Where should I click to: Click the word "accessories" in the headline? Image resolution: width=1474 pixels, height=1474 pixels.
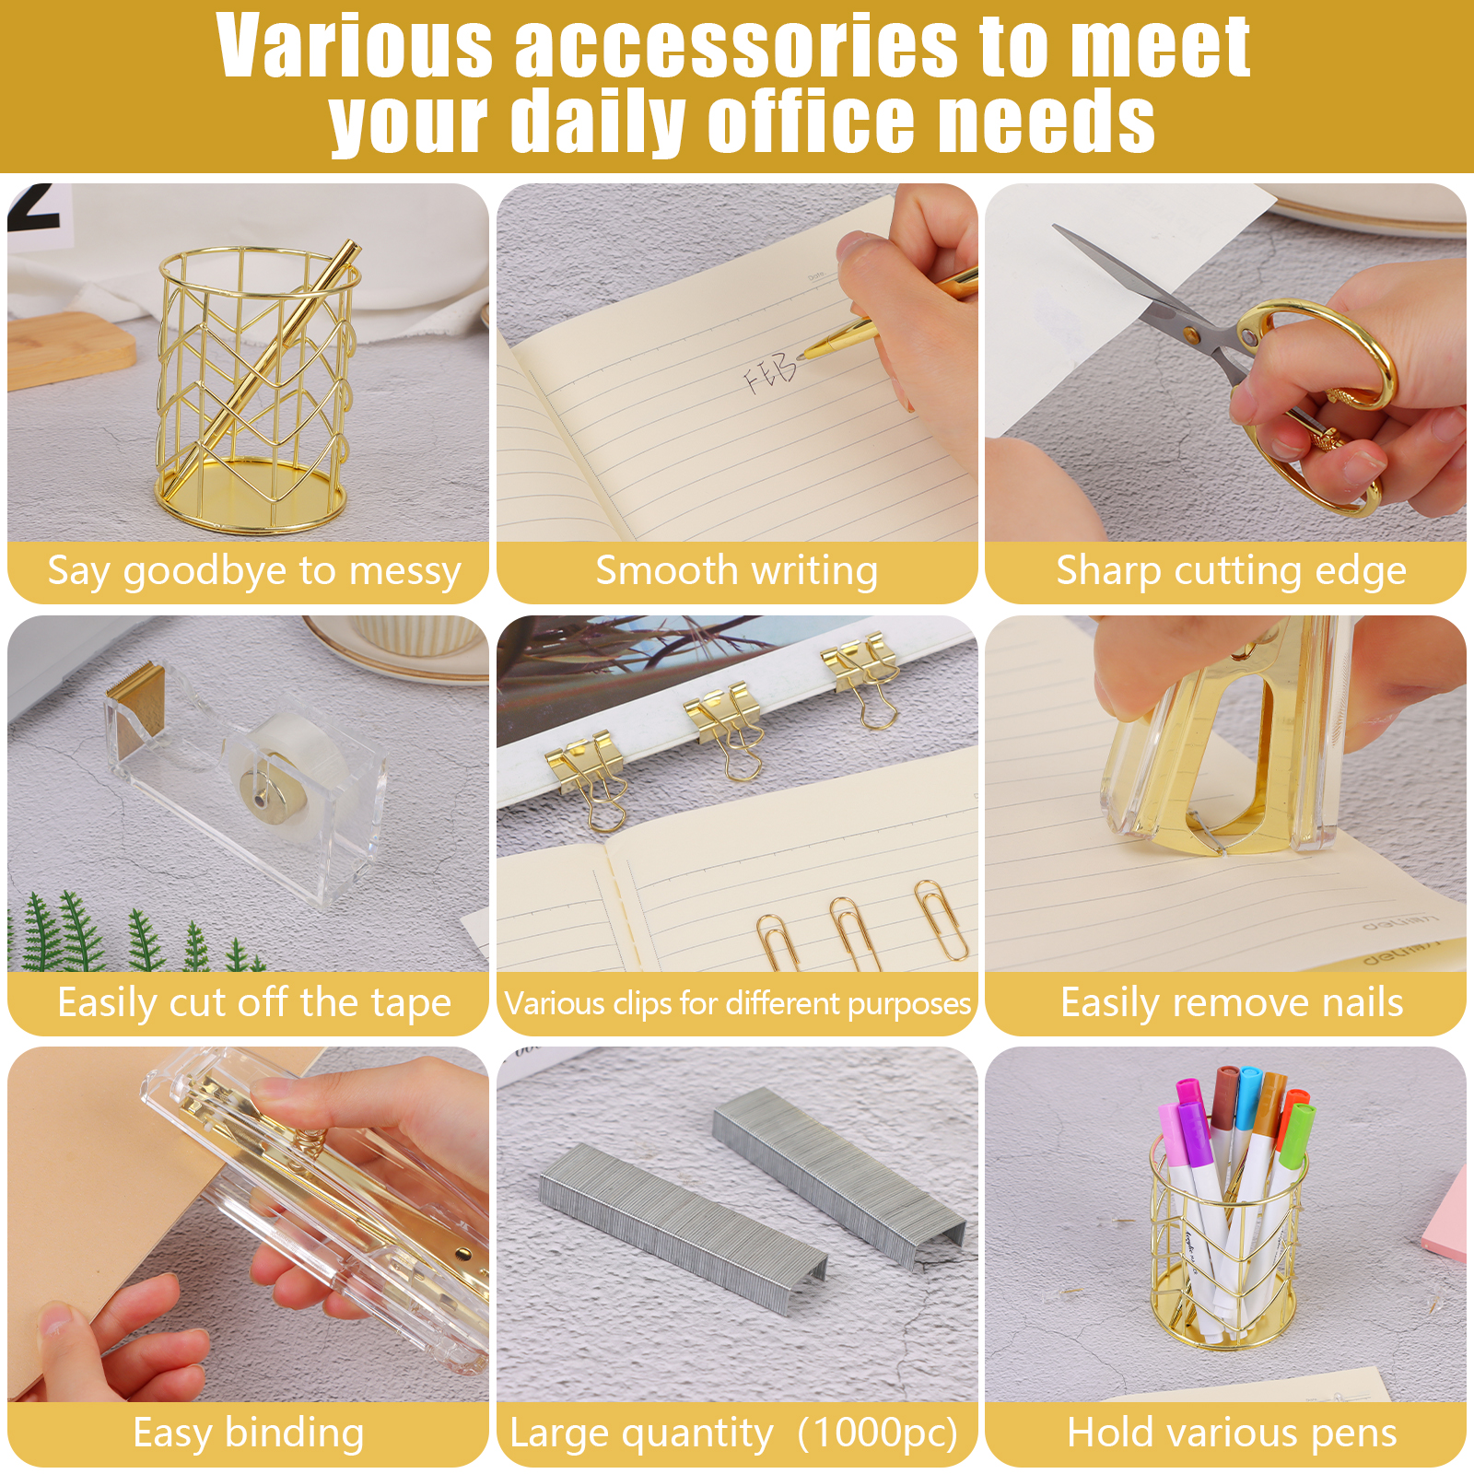click(736, 46)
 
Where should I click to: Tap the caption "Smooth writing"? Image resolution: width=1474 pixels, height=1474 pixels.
click(736, 570)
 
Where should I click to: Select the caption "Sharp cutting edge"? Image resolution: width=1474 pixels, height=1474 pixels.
click(1231, 570)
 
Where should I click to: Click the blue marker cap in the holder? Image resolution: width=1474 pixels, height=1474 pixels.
click(1248, 1096)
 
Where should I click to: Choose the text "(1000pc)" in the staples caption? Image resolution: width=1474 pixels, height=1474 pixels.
click(878, 1433)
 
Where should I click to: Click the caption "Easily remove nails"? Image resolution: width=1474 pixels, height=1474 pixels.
click(1232, 1002)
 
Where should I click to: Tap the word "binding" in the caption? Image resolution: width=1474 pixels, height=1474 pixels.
click(294, 1433)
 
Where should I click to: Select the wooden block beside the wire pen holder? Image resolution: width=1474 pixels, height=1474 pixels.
click(70, 349)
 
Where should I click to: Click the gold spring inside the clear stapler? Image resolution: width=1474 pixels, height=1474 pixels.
click(313, 1146)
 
